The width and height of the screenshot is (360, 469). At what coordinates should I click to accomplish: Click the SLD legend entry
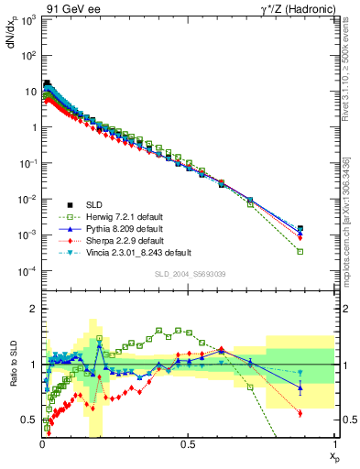point(82,204)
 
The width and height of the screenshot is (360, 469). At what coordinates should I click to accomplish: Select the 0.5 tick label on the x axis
point(188,444)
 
